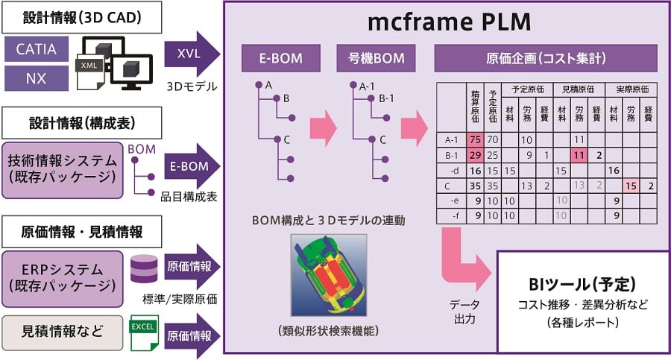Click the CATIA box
[x=37, y=48]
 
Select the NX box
[x=37, y=78]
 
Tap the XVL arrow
[x=192, y=54]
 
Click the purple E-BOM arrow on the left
[x=192, y=166]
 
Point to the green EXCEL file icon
[x=144, y=333]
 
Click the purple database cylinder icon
[x=144, y=269]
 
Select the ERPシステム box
[x=63, y=279]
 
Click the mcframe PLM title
[x=449, y=22]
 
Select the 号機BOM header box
[x=376, y=58]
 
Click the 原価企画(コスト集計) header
[x=546, y=58]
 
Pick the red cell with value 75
[x=475, y=139]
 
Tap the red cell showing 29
[x=475, y=155]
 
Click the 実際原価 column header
[x=631, y=89]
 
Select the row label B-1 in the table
[x=452, y=155]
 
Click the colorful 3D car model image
[x=329, y=275]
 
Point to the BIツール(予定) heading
[x=582, y=284]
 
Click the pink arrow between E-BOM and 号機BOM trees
[x=323, y=128]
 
